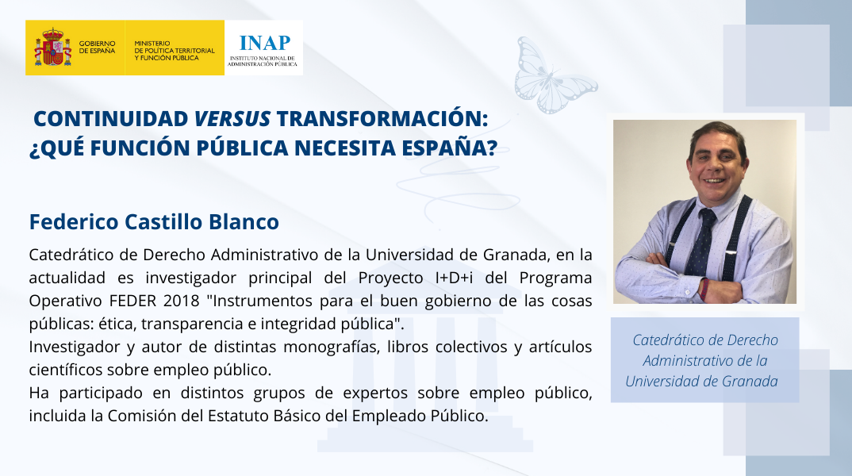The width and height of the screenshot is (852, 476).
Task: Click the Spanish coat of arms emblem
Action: [52, 48]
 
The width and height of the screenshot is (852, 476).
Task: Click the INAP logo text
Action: [265, 42]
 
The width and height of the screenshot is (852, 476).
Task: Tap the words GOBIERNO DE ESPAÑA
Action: [98, 48]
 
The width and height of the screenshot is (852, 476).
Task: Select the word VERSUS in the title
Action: [232, 118]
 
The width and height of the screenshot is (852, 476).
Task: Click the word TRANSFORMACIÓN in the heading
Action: [382, 118]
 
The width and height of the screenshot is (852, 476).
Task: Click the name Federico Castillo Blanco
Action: [154, 221]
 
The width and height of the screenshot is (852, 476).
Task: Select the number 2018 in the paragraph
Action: [182, 301]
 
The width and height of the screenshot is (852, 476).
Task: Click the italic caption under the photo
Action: [704, 360]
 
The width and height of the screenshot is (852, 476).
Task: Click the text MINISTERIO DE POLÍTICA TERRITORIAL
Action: [175, 48]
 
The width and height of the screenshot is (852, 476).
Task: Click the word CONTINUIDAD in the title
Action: [111, 118]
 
